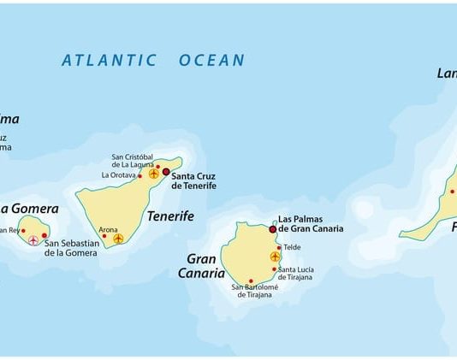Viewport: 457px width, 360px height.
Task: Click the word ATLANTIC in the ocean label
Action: pos(109,61)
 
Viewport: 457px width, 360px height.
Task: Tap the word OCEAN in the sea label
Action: pos(211,61)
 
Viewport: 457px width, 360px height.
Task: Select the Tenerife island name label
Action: pos(170,216)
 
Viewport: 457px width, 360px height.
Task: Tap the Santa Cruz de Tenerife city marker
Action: pos(166,171)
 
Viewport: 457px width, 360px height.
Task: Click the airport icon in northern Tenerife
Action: pos(154,174)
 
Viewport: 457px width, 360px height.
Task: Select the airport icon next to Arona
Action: pos(118,238)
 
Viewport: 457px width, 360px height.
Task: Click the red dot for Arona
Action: pos(104,236)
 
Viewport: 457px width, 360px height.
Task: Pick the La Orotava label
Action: pos(118,175)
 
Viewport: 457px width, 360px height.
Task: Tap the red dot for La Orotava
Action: pos(139,176)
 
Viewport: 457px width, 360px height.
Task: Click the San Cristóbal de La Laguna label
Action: pos(132,161)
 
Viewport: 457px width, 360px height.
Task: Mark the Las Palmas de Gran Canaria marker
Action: pos(273,229)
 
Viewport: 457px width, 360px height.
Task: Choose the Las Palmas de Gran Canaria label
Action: pos(311,224)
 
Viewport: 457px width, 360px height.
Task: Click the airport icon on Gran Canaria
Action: pos(275,256)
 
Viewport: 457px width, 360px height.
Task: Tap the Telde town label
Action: pos(292,247)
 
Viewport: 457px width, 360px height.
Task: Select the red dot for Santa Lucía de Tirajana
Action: pos(275,269)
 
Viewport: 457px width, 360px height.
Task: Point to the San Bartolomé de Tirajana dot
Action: pos(251,280)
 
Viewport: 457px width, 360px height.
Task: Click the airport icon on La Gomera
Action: pos(33,240)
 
